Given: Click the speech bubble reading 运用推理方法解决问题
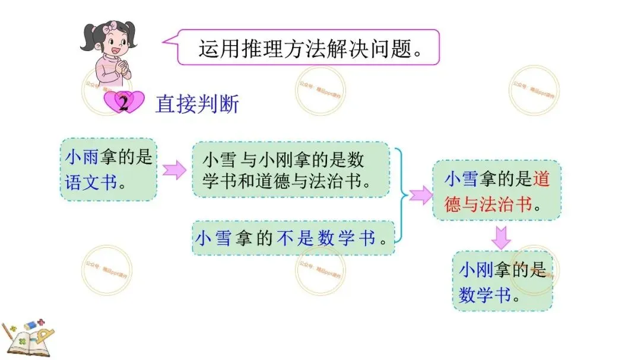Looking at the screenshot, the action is click(309, 47).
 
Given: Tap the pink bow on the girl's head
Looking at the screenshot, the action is click(110, 28).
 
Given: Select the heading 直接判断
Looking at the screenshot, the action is click(197, 104).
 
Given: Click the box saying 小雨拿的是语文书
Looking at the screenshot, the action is click(109, 169).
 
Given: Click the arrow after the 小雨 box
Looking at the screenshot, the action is click(174, 170).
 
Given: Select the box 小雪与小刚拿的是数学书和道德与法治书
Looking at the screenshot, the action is click(290, 170).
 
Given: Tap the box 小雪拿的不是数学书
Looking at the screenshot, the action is click(293, 238).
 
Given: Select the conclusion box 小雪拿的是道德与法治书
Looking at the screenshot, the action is click(496, 190).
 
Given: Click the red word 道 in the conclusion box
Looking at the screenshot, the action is click(541, 178).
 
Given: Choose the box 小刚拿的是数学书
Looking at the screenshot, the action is click(502, 281).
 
